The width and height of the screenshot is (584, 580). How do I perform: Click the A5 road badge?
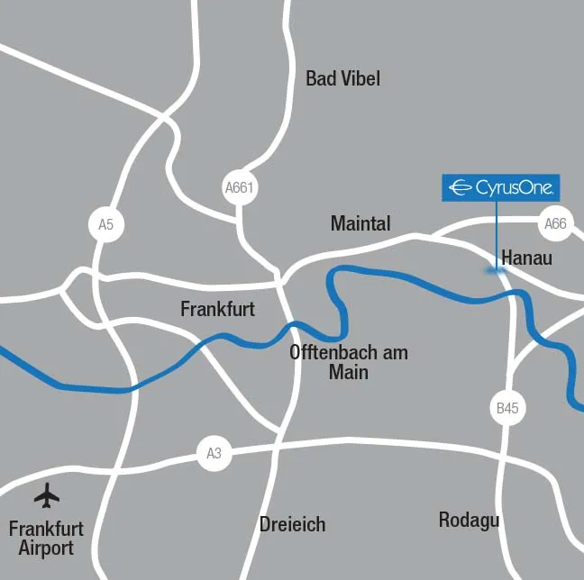(x=106, y=224)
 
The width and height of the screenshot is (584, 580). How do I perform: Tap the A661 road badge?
(x=240, y=188)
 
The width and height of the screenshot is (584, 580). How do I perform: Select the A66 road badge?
(x=555, y=224)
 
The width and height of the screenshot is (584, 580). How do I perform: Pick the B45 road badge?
(x=507, y=408)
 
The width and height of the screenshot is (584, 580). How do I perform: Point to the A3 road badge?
(x=214, y=454)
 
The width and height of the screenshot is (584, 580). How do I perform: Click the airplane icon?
(x=46, y=495)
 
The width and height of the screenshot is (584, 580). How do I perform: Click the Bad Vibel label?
(x=342, y=78)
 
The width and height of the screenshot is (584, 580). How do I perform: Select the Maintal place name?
(x=360, y=222)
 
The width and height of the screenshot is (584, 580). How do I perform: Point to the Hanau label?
(x=525, y=258)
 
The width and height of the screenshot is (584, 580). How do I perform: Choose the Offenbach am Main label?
(x=349, y=361)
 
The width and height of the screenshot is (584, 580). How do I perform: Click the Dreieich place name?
(x=292, y=524)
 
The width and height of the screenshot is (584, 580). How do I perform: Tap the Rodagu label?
(x=469, y=520)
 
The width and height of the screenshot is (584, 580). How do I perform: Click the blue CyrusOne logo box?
(x=501, y=187)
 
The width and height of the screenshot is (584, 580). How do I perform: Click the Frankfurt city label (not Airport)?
(x=217, y=309)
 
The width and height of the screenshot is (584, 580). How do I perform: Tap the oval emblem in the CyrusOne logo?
(x=461, y=187)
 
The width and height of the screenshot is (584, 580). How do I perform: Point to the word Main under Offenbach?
(x=349, y=371)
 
